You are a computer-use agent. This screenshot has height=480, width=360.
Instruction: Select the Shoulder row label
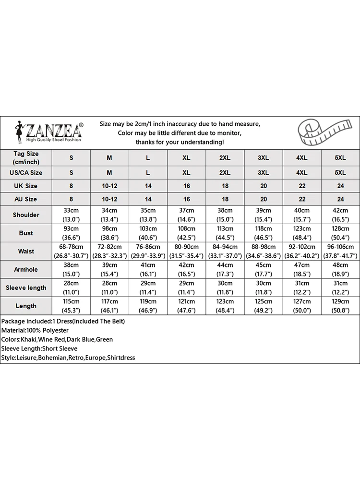click(26, 215)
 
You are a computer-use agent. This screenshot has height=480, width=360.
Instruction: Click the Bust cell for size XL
click(186, 233)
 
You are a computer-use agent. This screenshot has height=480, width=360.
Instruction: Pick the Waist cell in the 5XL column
click(340, 251)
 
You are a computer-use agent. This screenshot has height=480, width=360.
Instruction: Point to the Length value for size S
click(71, 306)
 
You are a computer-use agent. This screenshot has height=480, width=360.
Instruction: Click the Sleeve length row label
click(26, 288)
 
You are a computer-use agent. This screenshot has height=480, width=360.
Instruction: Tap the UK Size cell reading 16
click(186, 186)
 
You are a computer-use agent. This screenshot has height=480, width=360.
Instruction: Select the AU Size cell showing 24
click(340, 199)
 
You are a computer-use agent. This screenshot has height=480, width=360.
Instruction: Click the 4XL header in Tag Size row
click(302, 157)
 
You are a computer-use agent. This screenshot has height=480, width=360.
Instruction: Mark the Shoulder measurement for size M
click(109, 215)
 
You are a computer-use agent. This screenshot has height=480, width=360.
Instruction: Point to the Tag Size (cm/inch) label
click(26, 157)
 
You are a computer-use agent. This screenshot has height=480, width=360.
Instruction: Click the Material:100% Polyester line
click(35, 330)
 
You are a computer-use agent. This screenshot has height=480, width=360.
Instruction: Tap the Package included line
click(63, 321)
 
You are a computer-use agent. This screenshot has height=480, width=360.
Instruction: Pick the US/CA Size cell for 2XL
click(225, 172)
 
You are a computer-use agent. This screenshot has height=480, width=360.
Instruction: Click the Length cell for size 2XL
click(225, 306)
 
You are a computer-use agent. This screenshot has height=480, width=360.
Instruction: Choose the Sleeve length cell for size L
click(148, 288)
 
